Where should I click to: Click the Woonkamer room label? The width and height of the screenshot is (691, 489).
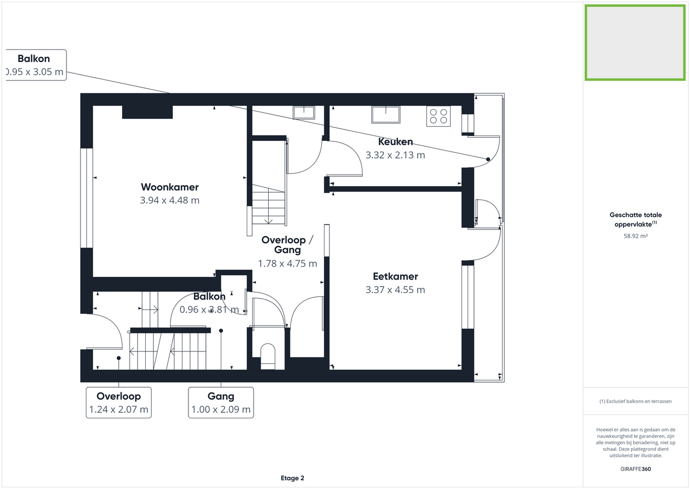170,187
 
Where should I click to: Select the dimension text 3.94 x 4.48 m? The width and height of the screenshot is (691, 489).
170,200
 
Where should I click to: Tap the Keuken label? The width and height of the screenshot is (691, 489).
396,141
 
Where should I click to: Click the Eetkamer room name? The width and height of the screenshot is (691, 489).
396,276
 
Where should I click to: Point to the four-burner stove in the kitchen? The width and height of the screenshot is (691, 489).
438,116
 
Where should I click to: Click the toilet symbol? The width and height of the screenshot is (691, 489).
268,356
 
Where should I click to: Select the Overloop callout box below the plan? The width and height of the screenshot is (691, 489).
119,403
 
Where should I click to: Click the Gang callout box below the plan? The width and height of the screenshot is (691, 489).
221,403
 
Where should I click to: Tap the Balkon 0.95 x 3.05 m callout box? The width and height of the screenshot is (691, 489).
36,65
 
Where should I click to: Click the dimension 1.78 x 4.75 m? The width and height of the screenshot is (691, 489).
288,263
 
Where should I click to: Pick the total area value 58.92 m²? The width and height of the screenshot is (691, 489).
635,236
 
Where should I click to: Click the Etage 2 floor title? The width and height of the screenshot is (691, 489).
293,478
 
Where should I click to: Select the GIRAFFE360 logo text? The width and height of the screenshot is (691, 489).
635,469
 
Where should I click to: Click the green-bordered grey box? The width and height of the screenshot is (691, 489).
635,43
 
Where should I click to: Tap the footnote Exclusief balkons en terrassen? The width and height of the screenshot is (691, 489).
635,401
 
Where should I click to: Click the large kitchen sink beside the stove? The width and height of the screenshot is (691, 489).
385,115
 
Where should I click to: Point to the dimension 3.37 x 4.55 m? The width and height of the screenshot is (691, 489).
396,290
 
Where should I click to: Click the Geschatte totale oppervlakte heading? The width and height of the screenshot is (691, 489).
635,219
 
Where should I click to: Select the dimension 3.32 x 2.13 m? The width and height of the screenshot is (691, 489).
396,155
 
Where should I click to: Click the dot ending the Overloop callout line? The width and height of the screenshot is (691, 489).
119,358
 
